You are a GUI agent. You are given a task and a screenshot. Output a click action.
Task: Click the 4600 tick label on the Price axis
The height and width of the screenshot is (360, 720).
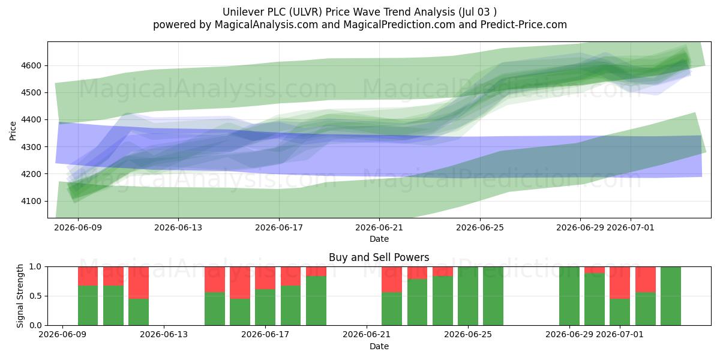[31, 65]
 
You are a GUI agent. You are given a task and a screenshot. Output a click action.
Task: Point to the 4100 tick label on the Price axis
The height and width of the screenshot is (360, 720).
[31, 201]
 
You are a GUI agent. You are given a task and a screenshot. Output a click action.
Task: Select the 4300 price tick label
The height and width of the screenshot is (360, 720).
[31, 147]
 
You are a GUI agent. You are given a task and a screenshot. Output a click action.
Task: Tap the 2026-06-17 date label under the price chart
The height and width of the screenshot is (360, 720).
[279, 227]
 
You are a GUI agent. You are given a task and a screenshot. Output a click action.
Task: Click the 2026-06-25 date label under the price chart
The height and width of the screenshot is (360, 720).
[480, 227]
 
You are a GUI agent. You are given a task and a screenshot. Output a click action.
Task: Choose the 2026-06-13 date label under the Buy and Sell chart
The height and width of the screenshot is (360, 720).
[164, 334]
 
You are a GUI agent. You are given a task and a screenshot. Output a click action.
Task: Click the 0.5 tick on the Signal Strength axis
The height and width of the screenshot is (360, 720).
[35, 296]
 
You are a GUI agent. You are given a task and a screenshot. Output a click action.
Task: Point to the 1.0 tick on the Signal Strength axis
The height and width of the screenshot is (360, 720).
[35, 266]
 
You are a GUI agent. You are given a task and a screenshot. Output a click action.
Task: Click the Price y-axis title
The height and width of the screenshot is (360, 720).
[13, 131]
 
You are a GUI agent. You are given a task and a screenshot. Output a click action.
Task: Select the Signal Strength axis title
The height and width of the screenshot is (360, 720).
[20, 296]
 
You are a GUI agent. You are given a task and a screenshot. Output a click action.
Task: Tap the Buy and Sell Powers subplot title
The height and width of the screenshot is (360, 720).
[379, 257]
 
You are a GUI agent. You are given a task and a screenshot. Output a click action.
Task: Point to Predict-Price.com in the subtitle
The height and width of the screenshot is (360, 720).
[524, 25]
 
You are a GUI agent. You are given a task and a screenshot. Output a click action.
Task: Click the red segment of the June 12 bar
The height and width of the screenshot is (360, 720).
[139, 283]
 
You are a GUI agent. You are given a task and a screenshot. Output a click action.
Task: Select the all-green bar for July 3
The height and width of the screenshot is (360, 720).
[671, 296]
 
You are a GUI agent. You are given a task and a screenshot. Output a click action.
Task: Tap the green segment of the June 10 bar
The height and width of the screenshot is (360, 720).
[88, 305]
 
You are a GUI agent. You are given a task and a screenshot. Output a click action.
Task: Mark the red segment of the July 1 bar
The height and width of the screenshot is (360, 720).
[620, 283]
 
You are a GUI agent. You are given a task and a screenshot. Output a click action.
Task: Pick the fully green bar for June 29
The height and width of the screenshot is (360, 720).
[569, 296]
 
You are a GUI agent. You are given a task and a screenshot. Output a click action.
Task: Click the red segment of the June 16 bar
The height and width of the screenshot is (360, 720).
[240, 283]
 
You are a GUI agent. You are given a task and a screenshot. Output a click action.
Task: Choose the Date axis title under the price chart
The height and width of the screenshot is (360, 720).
[379, 239]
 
